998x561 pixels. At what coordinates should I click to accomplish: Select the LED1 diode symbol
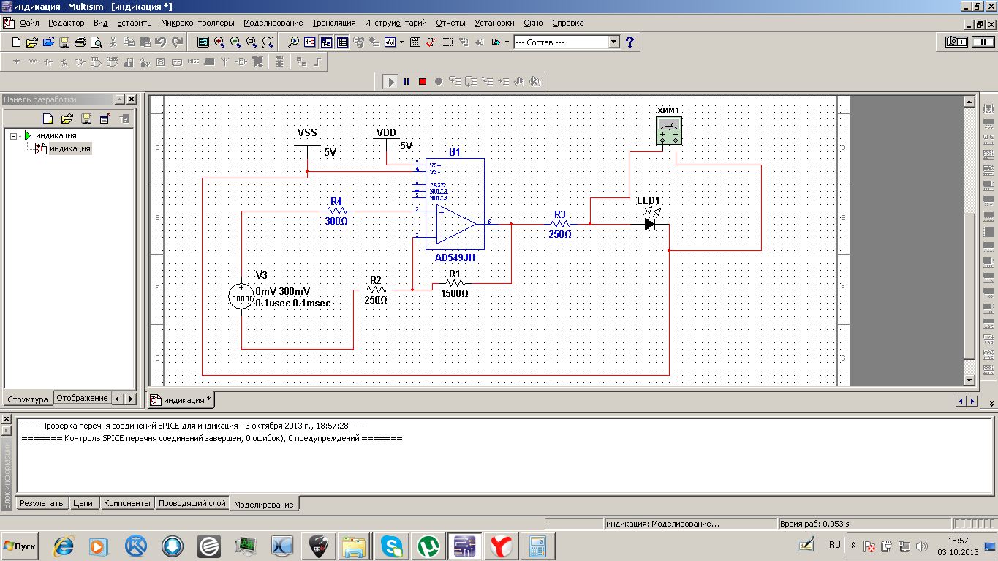[650, 224]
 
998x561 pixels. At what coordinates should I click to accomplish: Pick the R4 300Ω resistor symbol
[336, 211]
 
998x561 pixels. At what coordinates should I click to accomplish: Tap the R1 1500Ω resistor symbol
[455, 283]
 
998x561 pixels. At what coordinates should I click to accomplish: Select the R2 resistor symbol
[376, 290]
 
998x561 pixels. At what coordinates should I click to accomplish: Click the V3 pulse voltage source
[241, 296]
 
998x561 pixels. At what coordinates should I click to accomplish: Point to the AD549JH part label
[455, 258]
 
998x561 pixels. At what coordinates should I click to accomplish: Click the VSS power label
[307, 133]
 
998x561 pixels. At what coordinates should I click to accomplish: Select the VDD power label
[386, 133]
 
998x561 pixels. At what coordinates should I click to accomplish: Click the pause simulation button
[407, 81]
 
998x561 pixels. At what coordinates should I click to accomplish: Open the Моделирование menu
[273, 23]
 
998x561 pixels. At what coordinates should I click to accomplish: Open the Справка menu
[567, 23]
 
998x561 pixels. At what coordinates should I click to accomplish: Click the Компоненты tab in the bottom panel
[127, 503]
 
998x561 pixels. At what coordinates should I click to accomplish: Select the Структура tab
[28, 399]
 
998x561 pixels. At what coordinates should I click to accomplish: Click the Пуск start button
[20, 546]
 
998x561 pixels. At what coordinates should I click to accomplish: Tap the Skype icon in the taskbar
[391, 546]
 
